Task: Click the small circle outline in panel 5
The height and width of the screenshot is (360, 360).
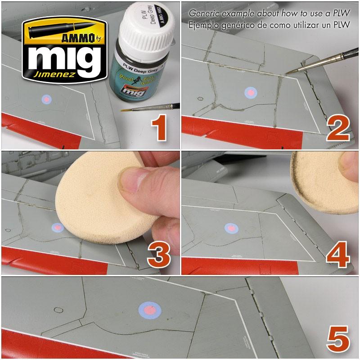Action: (58, 310)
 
